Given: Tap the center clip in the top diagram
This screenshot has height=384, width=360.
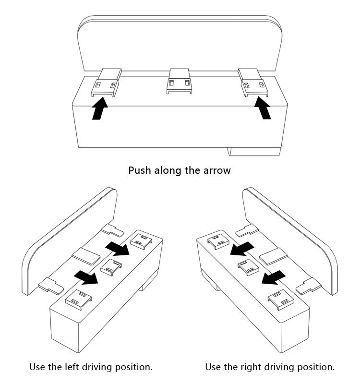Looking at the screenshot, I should (x=179, y=81).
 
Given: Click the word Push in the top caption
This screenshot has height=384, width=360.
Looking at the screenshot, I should (x=140, y=170).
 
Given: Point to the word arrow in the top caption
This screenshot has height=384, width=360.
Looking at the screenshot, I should (x=217, y=170).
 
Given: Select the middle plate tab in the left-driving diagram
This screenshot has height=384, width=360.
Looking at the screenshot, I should (x=84, y=255).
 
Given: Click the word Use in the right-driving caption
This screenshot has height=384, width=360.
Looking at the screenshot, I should (x=214, y=367).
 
